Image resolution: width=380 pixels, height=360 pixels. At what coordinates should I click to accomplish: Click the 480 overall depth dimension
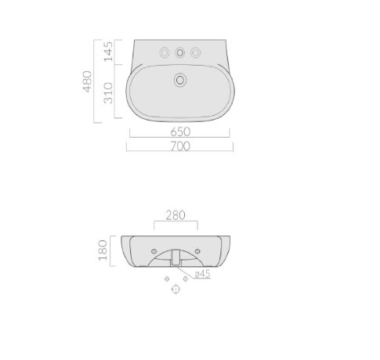tap(87, 81)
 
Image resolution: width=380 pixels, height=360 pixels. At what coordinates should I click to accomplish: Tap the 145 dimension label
tap(108, 52)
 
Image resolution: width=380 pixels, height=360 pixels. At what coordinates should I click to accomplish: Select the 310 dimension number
tap(108, 93)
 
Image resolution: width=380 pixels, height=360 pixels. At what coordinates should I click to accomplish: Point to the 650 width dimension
tap(180, 132)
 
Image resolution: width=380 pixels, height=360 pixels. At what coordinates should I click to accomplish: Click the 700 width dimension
tap(180, 146)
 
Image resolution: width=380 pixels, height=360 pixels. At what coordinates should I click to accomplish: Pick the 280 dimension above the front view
tap(176, 215)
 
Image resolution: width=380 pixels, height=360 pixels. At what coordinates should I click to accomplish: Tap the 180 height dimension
tap(103, 250)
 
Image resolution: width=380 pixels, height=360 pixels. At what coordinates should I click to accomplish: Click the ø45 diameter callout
tap(203, 274)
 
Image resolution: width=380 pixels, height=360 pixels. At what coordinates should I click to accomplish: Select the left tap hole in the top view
tap(165, 52)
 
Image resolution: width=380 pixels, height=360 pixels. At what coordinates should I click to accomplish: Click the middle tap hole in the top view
tap(179, 52)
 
